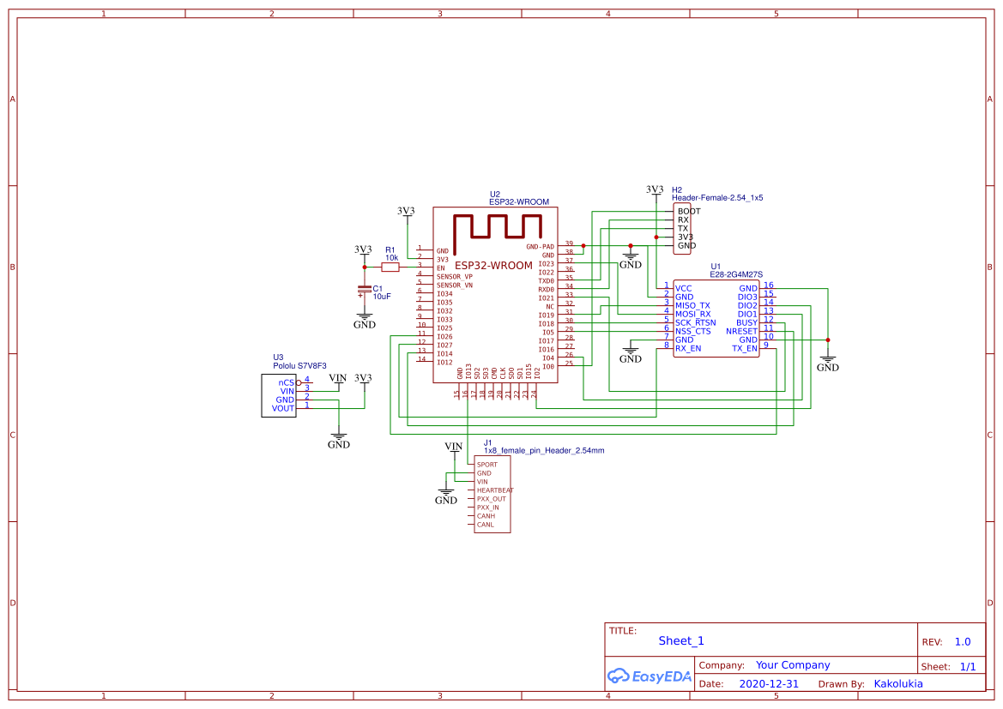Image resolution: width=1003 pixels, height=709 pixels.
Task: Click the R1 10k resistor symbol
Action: coord(390,267)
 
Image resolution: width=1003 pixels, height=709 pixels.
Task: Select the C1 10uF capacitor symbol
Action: coord(365,292)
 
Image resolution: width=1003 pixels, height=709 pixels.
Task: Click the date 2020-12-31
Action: coord(769,684)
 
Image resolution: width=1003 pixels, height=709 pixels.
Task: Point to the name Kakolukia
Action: coord(898,684)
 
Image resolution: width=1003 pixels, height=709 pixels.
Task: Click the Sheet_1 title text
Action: coord(680,640)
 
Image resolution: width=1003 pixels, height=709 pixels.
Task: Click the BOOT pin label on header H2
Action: coord(688,211)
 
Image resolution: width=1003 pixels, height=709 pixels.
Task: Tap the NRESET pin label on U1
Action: coord(741,331)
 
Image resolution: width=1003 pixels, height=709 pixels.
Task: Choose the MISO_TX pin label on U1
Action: coord(692,305)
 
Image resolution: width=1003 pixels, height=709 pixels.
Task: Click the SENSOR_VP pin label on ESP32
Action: coord(454,277)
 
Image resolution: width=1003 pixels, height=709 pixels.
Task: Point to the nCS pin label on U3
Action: coord(286,382)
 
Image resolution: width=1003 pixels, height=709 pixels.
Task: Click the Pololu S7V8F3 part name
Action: coord(299,366)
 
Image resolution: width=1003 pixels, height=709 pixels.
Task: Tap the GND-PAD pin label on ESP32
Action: coord(540,246)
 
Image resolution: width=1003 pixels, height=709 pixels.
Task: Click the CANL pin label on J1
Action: coord(485,525)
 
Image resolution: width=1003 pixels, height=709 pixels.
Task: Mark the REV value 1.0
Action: coord(963,641)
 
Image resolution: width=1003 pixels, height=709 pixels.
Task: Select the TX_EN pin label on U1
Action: coord(744,348)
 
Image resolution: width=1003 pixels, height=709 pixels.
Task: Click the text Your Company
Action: coord(792,665)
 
